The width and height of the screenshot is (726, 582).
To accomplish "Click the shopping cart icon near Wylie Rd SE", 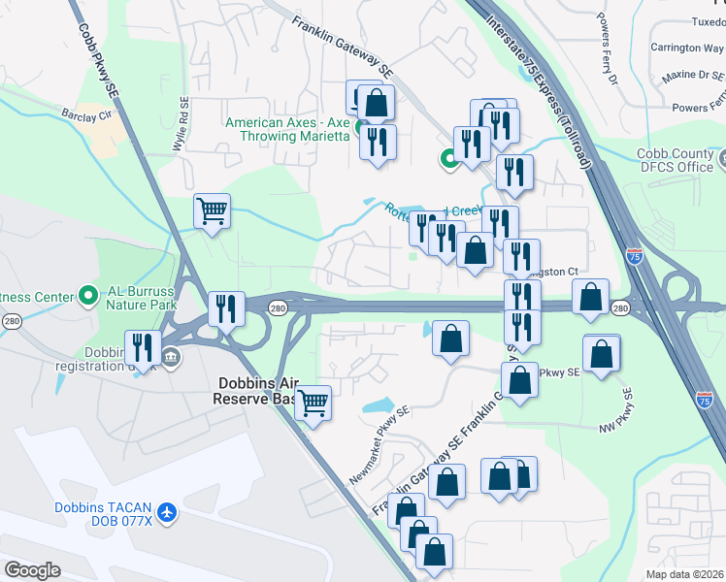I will (212, 210).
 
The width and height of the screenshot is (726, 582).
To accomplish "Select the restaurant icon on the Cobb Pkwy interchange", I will (225, 309).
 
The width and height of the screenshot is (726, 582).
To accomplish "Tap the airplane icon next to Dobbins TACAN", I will (169, 510).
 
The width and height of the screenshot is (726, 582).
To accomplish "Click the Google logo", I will (33, 570).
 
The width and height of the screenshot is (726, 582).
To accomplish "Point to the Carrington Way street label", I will (687, 48).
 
